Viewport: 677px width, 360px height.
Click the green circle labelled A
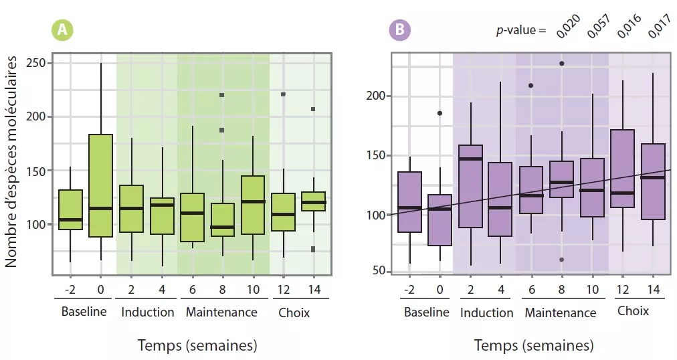62,29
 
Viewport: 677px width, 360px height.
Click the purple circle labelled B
400,29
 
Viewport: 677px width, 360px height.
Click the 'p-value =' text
520,31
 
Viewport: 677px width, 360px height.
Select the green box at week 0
100,185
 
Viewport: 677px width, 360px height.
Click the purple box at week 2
471,186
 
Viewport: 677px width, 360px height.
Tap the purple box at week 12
623,169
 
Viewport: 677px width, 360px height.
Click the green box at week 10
254,205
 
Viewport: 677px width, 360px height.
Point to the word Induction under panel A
148,312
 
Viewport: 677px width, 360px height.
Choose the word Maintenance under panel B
560,313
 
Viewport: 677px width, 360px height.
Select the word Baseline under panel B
427,312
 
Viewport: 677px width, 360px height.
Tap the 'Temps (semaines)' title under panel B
534,345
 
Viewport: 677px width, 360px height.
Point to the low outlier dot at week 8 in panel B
562,260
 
